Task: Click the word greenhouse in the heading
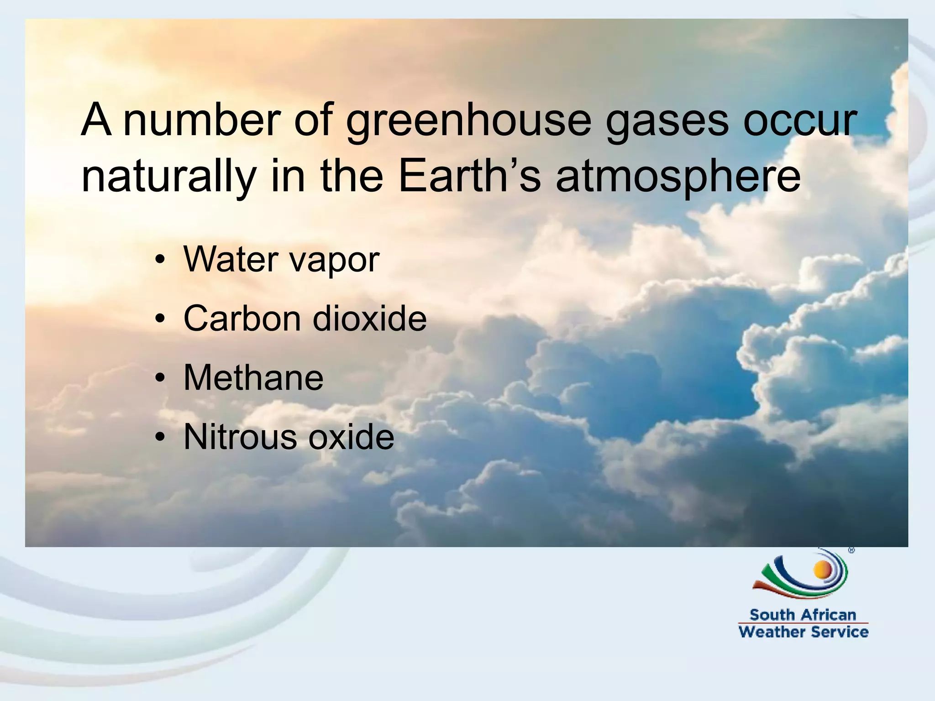click(468, 121)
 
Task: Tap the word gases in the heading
click(667, 121)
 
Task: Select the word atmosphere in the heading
click(678, 177)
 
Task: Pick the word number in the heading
click(202, 120)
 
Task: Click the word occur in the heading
click(800, 121)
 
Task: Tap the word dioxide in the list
click(369, 318)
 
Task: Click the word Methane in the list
click(253, 378)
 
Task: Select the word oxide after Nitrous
click(351, 437)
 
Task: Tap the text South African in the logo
click(803, 615)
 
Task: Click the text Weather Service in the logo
click(803, 632)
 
